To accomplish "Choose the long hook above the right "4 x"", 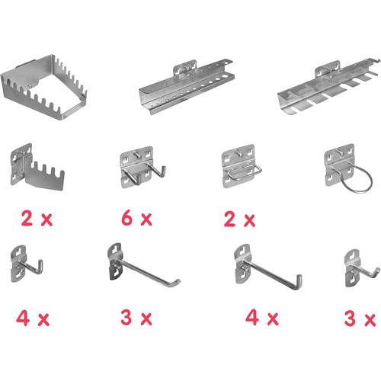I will tap(263, 267).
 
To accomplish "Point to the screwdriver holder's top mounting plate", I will tap(184, 69).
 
